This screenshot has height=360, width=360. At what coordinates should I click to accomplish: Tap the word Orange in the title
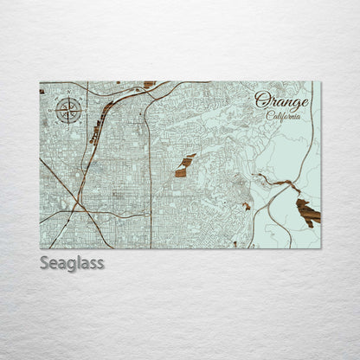[x=281, y=102]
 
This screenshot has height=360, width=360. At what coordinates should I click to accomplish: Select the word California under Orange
[x=284, y=117]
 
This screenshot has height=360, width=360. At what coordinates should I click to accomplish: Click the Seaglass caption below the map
[x=72, y=263]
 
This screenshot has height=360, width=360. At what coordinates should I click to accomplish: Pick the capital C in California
[x=269, y=117]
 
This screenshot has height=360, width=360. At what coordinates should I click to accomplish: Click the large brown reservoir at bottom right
[x=307, y=213]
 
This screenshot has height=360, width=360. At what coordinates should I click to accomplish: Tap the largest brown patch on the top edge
[x=149, y=85]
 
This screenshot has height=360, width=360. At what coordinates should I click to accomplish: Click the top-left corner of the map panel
[x=40, y=82]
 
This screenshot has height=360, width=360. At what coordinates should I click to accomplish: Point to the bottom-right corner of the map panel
[x=320, y=248]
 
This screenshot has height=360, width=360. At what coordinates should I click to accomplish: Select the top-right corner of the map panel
[x=320, y=82]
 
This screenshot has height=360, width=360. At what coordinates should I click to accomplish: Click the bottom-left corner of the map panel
[x=40, y=248]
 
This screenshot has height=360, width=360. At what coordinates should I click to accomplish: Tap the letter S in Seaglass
[x=45, y=263]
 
